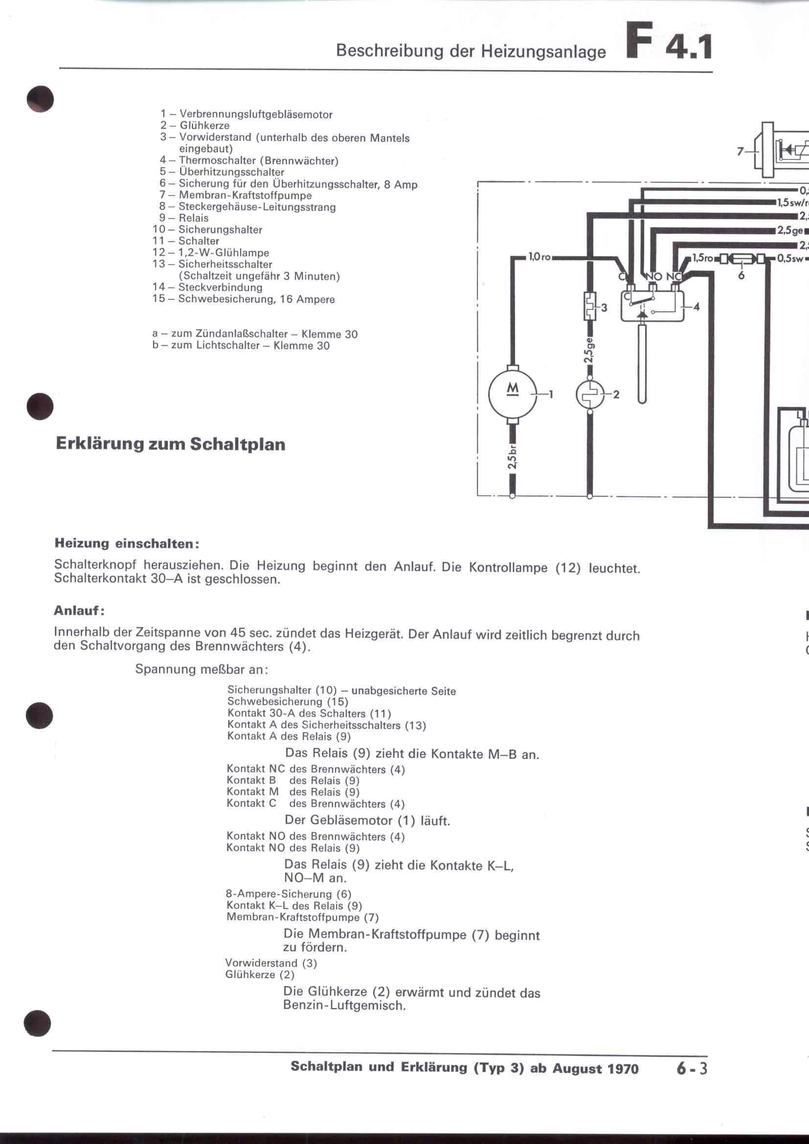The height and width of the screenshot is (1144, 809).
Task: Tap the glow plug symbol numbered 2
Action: click(590, 394)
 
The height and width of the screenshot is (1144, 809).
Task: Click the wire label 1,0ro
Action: click(539, 257)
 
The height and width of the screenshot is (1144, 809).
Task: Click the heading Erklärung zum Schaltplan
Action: click(170, 444)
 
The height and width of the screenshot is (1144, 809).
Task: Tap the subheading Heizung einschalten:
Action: click(127, 543)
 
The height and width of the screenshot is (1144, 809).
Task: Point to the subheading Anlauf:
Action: click(79, 610)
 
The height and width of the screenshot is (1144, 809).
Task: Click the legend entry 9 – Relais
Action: click(184, 218)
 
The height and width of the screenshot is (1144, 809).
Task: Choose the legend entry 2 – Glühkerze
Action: click(195, 126)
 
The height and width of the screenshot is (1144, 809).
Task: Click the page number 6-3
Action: click(692, 1069)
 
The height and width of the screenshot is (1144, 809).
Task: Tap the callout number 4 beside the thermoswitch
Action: click(697, 307)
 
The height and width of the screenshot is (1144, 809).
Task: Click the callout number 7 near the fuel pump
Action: click(740, 152)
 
